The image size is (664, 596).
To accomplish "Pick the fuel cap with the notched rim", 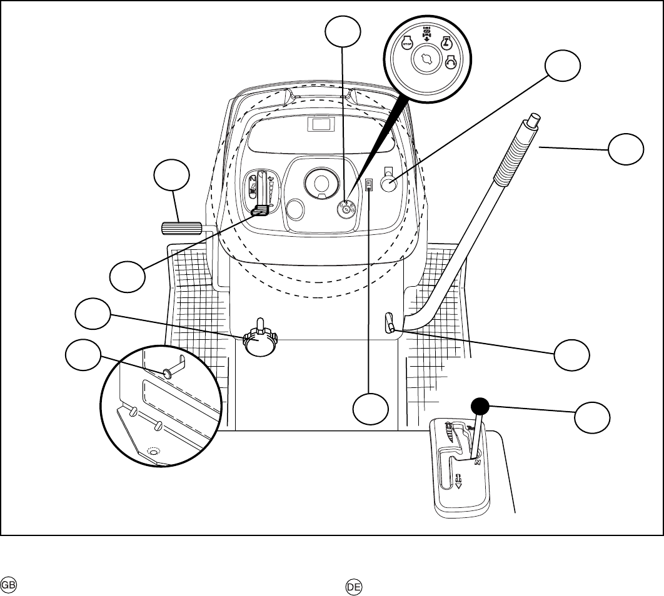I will point(259,342).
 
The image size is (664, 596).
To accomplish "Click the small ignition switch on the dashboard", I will point(346,209).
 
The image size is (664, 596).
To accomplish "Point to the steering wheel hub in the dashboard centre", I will point(321,183).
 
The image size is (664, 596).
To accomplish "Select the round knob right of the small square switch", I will point(390,185).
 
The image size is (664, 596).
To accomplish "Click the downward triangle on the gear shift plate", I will point(458,484).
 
